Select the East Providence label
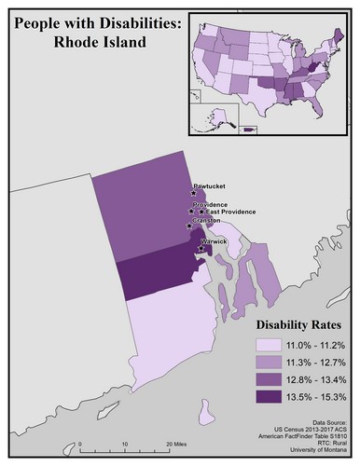[232, 212]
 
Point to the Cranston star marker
[190, 226]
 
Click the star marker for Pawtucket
[195, 194]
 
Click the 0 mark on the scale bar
[80, 445]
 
